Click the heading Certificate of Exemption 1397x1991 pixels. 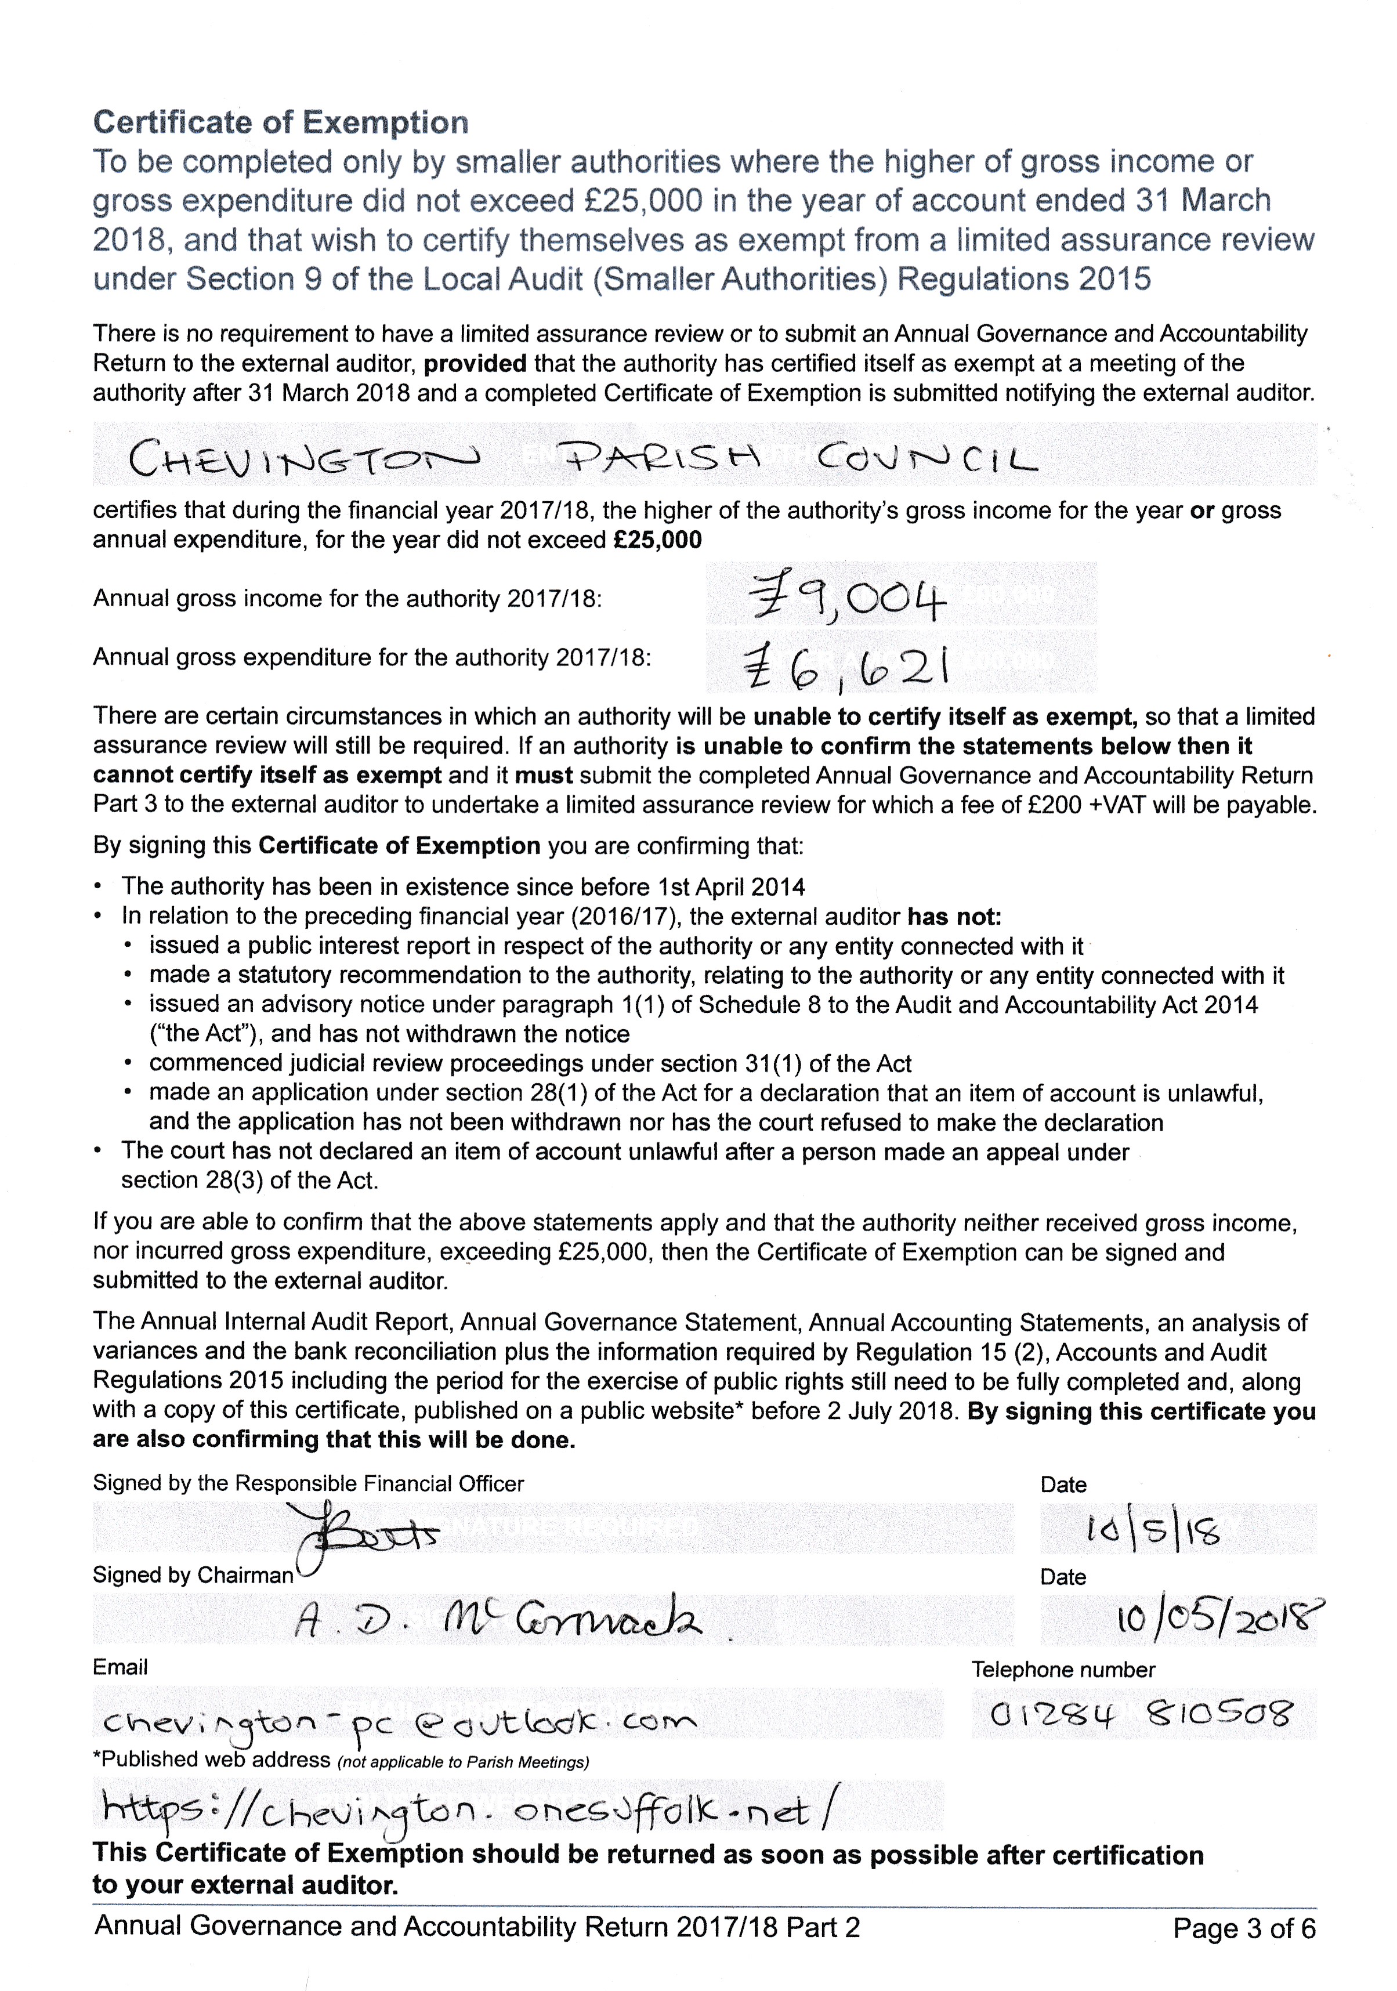280,122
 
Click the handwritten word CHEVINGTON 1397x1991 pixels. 303,457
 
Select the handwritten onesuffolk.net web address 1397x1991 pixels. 468,1810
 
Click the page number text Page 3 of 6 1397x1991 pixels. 1243,1928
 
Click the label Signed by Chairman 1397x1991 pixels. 193,1575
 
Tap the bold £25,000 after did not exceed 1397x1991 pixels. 657,540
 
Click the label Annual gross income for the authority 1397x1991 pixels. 347,598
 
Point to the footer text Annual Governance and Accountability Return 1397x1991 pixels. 477,1926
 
